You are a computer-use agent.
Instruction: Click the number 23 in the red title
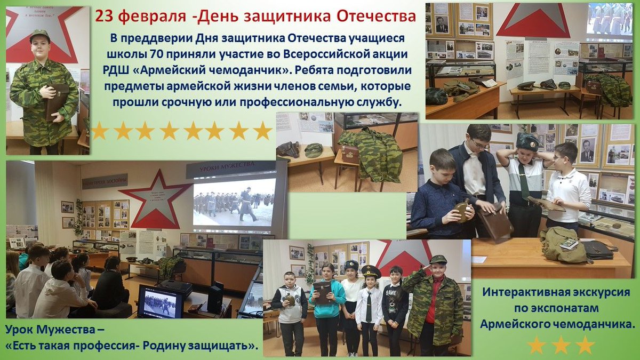(x=105, y=17)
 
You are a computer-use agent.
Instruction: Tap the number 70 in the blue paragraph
(x=159, y=54)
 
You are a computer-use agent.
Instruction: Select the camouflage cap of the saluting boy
(x=438, y=259)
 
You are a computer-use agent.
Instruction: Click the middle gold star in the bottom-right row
(x=561, y=345)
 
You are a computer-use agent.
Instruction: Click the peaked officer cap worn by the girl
(x=371, y=271)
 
